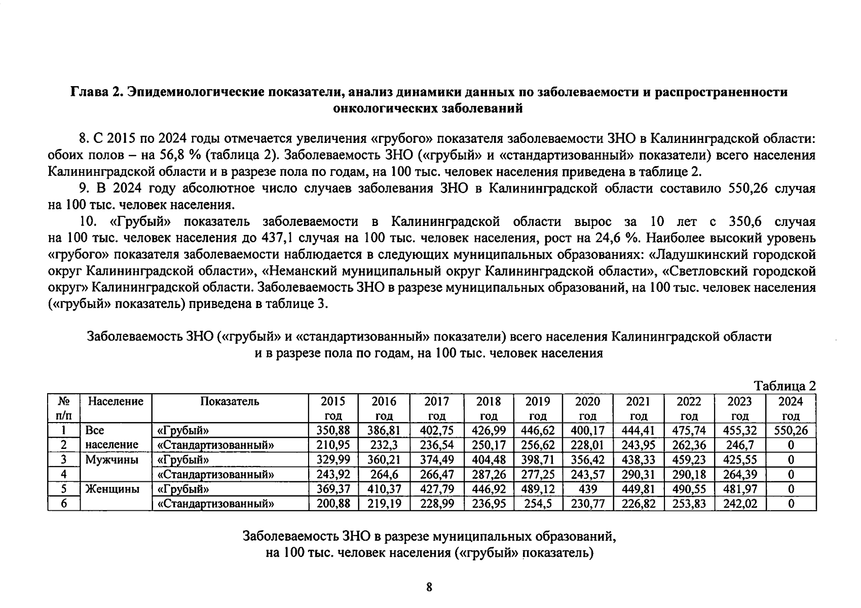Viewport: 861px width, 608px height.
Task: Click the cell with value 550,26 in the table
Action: pos(791,431)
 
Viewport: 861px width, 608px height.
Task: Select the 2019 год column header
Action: pos(538,408)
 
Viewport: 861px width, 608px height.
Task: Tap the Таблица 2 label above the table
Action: pos(785,386)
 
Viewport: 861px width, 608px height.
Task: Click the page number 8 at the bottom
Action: pos(429,587)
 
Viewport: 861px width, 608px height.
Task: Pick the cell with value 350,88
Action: pos(333,431)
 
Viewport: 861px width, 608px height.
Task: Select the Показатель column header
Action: pos(230,402)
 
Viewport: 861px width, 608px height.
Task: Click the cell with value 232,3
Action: pos(384,445)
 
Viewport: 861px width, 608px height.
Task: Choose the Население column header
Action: pos(116,402)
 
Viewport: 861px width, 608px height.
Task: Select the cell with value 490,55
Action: pos(689,489)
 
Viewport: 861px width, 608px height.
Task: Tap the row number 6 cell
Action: pos(64,504)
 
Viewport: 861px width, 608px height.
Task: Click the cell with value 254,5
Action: pos(538,504)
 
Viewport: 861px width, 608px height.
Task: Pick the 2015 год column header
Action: pos(333,408)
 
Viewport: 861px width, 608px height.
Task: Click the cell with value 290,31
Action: pos(638,475)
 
